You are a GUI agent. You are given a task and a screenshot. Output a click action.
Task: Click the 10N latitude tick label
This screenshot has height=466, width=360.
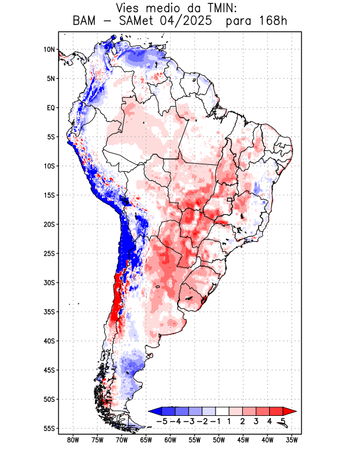tap(49, 50)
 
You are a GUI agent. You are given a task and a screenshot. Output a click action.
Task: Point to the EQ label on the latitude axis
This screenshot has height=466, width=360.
tap(51, 108)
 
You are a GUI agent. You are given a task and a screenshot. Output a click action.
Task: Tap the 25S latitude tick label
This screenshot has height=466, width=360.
tap(48, 253)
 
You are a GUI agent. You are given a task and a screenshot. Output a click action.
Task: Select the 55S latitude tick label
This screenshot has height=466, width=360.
tap(48, 428)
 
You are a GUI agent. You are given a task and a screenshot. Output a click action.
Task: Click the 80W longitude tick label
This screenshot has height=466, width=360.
tap(73, 440)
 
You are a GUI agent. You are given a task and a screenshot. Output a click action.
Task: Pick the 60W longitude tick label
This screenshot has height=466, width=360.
tap(171, 440)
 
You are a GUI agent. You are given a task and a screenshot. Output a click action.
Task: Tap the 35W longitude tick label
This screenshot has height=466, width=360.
tap(292, 440)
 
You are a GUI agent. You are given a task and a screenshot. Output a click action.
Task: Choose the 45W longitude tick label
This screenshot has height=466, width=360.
tap(244, 440)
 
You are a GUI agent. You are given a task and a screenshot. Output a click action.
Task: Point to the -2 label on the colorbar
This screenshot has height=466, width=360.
tap(202, 421)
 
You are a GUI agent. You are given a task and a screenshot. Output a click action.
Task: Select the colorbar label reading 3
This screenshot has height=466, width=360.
tap(256, 421)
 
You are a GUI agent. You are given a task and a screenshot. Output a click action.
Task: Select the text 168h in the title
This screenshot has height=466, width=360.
tap(271, 22)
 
